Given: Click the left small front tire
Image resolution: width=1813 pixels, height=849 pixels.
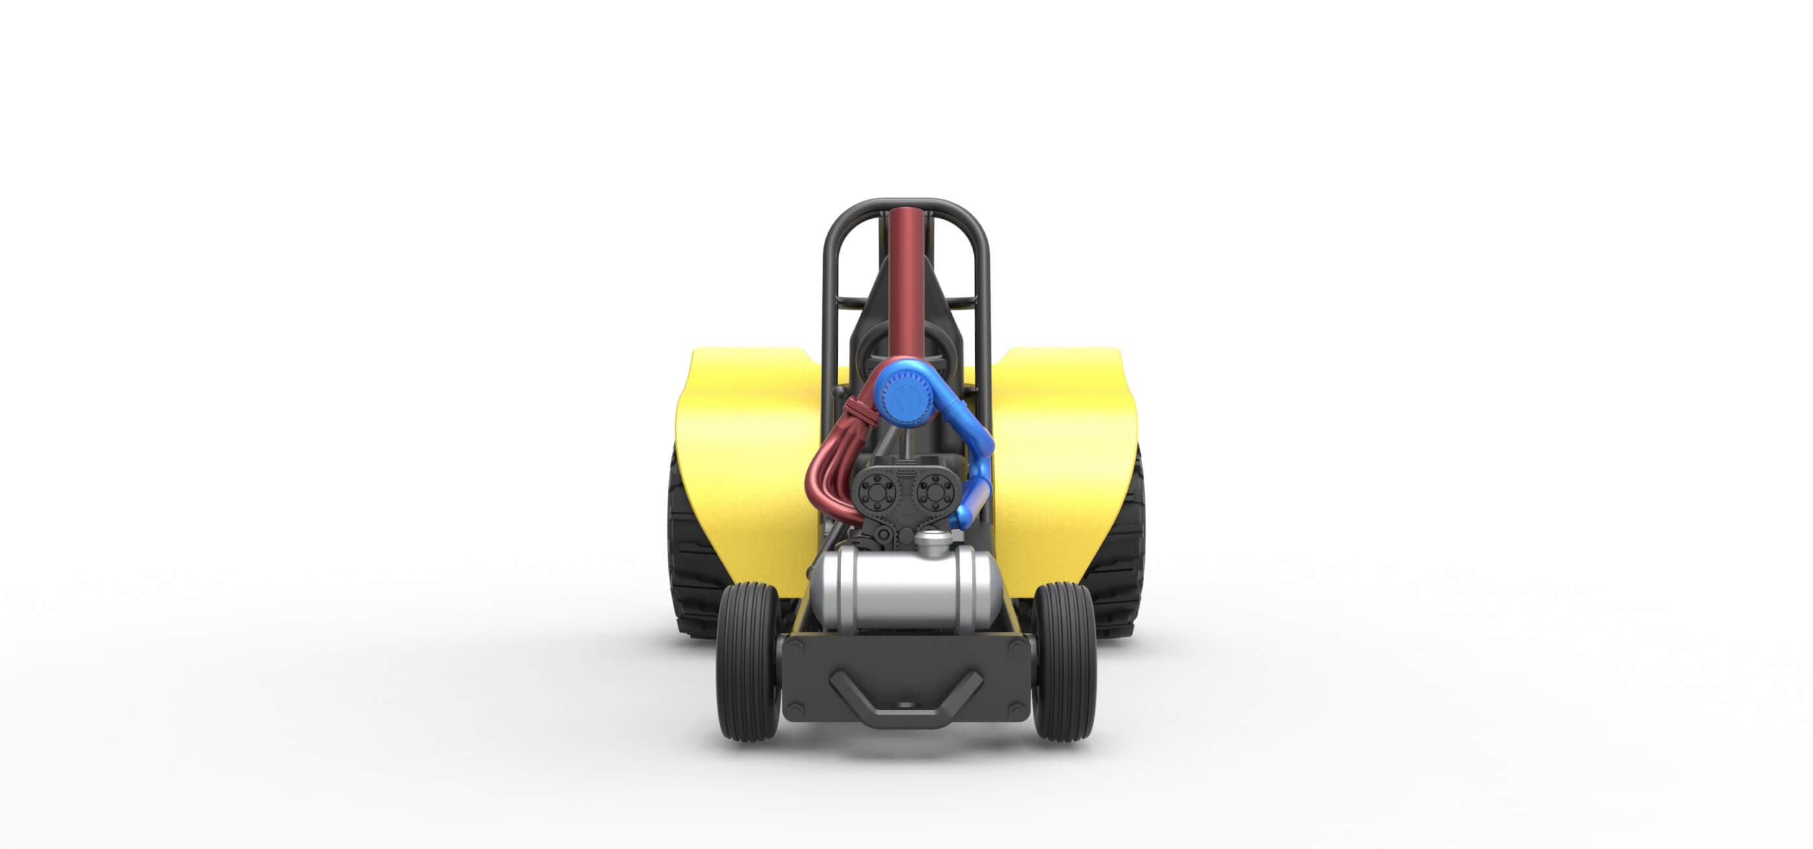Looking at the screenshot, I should click(x=747, y=663).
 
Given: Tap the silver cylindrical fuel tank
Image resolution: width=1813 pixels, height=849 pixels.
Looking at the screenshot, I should click(x=906, y=590).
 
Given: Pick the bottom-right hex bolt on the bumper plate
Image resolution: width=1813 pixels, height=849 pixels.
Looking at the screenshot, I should click(x=1018, y=711).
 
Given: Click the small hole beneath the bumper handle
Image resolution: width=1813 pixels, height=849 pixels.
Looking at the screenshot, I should click(x=906, y=704).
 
